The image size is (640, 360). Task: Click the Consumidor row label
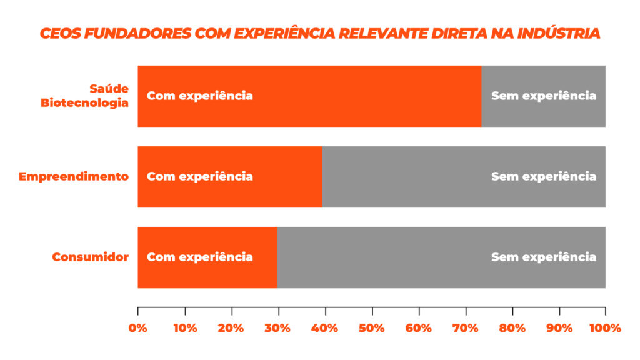click(90, 257)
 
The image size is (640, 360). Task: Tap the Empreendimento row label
click(74, 176)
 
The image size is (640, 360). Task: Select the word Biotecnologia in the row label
click(84, 102)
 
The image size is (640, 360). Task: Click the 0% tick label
click(138, 328)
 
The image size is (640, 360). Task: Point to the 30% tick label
click(278, 328)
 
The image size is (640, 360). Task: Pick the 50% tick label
click(372, 328)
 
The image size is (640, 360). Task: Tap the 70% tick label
click(466, 328)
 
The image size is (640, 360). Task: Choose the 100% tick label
click(605, 328)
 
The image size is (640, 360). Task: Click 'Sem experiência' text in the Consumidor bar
click(543, 257)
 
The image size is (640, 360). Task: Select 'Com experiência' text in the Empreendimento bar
click(200, 176)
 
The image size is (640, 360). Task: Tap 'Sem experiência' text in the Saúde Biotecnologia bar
click(543, 96)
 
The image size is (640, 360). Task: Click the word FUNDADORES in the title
click(137, 33)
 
